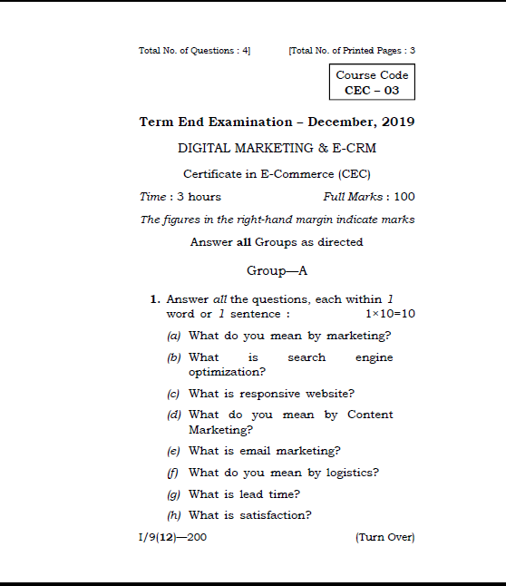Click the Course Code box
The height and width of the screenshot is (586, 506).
(372, 83)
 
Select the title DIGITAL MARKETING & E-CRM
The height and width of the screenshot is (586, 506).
(277, 148)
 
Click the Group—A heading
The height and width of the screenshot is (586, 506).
(277, 270)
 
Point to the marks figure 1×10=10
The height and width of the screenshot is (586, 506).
(390, 314)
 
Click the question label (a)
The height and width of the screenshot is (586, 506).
(173, 336)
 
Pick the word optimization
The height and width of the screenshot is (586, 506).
(227, 372)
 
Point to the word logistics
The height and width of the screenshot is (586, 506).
(349, 473)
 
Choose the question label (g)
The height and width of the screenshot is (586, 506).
(173, 494)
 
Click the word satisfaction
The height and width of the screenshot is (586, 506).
(276, 515)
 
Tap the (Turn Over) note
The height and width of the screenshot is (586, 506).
(385, 537)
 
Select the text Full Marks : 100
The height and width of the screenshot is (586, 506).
(368, 197)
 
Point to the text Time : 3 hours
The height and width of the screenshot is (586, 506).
(180, 197)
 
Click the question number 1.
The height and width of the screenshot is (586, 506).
(155, 299)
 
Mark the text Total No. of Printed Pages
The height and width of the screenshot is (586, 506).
(345, 50)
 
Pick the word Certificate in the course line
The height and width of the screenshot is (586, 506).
(212, 173)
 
